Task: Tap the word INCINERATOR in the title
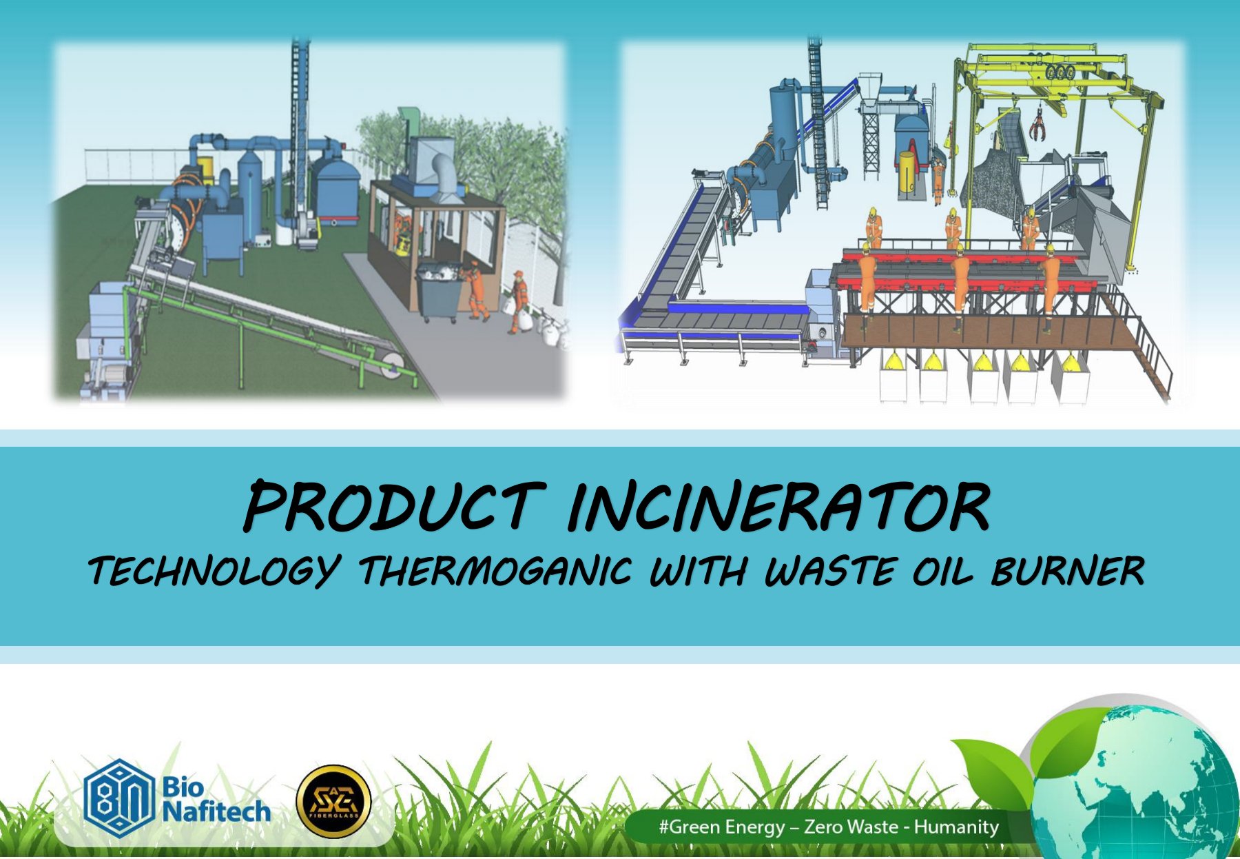(x=779, y=506)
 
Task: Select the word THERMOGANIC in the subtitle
(x=495, y=570)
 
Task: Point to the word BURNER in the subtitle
(x=1068, y=570)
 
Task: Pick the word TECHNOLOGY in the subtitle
(x=214, y=572)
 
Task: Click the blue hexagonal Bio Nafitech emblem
(x=118, y=798)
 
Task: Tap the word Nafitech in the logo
(x=216, y=811)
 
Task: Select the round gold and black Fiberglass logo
(x=333, y=801)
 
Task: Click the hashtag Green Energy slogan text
(x=829, y=826)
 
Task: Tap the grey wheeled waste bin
(x=440, y=290)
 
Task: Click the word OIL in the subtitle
(x=944, y=570)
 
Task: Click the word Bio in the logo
(x=183, y=787)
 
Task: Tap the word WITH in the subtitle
(x=697, y=570)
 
